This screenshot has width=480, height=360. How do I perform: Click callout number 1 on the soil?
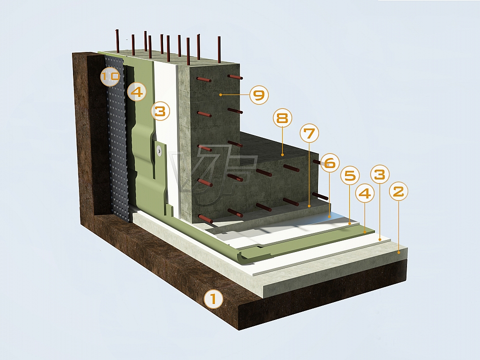pos(213,299)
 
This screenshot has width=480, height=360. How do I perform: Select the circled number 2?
pos(398,191)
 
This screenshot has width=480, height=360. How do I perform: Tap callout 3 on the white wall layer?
pos(160,111)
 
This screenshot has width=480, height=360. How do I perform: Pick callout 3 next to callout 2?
pos(380,174)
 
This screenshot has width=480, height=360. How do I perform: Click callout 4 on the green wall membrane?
pos(137,91)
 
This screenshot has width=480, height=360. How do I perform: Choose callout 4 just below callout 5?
pos(364,193)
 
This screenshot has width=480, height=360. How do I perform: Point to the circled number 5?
pos(350,175)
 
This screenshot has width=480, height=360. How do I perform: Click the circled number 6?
pos(329,163)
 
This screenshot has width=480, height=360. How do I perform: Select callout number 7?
pos(309,133)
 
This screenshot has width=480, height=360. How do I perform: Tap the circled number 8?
pos(282,118)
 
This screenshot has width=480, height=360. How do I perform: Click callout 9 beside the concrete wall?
pos(259,95)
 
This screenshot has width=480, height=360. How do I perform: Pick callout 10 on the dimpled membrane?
pos(110,76)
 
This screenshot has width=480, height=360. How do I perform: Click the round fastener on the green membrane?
pos(159,150)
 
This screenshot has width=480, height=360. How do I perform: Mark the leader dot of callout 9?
pos(220,95)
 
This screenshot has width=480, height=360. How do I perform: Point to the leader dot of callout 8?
pos(282,155)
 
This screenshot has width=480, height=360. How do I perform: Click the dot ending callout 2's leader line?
pos(399,252)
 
